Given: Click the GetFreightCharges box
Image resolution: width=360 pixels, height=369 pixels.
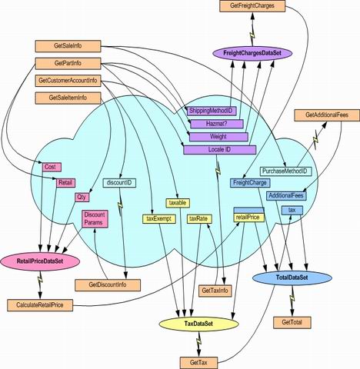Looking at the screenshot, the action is coord(252,6).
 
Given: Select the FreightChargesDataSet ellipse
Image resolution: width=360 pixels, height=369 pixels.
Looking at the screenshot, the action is coord(252,53).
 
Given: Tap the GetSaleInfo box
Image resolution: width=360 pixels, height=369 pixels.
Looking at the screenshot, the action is coord(68,46).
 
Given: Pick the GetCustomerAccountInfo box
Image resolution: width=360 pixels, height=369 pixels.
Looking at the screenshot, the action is coord(68,81).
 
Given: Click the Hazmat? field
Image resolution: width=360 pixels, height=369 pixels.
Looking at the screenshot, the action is coord(217,124).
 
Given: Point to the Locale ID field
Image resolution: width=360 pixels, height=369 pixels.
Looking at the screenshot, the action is coord(220,150).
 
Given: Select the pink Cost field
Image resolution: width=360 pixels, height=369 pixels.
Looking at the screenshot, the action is coord(52,168).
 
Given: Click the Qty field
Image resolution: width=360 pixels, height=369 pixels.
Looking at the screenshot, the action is coord(82,198).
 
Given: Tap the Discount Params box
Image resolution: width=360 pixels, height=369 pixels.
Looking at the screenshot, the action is coord(95,218).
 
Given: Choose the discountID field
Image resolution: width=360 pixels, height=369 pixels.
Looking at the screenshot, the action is coord(119,183).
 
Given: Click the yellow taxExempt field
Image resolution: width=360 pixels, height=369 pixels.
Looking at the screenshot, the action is coord(159,219).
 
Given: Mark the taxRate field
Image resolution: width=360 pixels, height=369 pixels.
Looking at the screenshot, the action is coord(199,219).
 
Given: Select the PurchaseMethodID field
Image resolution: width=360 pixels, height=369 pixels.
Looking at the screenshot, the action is coord(285,171).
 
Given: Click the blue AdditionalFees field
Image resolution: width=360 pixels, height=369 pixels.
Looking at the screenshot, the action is coord(286,196).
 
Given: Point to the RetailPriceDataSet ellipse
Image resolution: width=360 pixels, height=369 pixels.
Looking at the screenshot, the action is coord(40,261).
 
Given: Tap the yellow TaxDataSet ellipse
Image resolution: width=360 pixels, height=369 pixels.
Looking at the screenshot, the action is coord(198,324).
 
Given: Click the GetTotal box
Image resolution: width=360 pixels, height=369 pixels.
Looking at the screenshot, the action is coord(292,322).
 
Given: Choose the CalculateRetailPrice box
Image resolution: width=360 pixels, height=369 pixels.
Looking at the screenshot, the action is coord(40,305).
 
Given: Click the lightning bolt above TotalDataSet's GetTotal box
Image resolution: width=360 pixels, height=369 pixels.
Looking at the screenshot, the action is coord(292,298).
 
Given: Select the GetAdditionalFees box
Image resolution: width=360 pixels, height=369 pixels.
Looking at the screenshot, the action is coord(327,115).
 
